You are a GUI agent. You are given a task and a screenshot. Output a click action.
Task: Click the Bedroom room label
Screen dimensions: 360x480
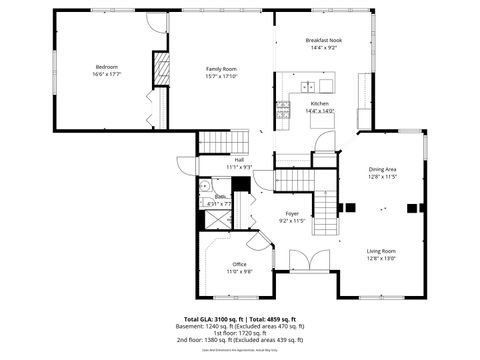click(106, 67)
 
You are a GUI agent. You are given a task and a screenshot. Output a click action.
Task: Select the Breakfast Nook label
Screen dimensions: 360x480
click(322, 40)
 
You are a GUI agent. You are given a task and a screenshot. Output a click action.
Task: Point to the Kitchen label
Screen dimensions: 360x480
click(319, 103)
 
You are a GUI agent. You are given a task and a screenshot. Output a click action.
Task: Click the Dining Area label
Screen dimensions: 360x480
click(383, 169)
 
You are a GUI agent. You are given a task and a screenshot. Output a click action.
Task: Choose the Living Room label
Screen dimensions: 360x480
click(381, 251)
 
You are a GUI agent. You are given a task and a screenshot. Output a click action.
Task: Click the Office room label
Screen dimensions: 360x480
click(239, 264)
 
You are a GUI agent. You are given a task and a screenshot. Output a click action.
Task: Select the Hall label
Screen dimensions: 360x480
click(239, 159)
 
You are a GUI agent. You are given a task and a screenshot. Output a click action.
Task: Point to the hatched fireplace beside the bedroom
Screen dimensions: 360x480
click(158, 70)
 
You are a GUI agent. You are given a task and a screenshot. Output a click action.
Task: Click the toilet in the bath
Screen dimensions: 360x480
click(205, 186)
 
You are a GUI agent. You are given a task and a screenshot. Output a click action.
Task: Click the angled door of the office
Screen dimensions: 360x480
click(258, 238)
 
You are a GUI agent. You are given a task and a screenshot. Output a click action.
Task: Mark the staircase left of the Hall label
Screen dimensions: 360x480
click(215, 141)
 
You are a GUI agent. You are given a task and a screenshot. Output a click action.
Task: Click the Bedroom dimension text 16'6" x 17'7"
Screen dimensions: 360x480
click(106, 75)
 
